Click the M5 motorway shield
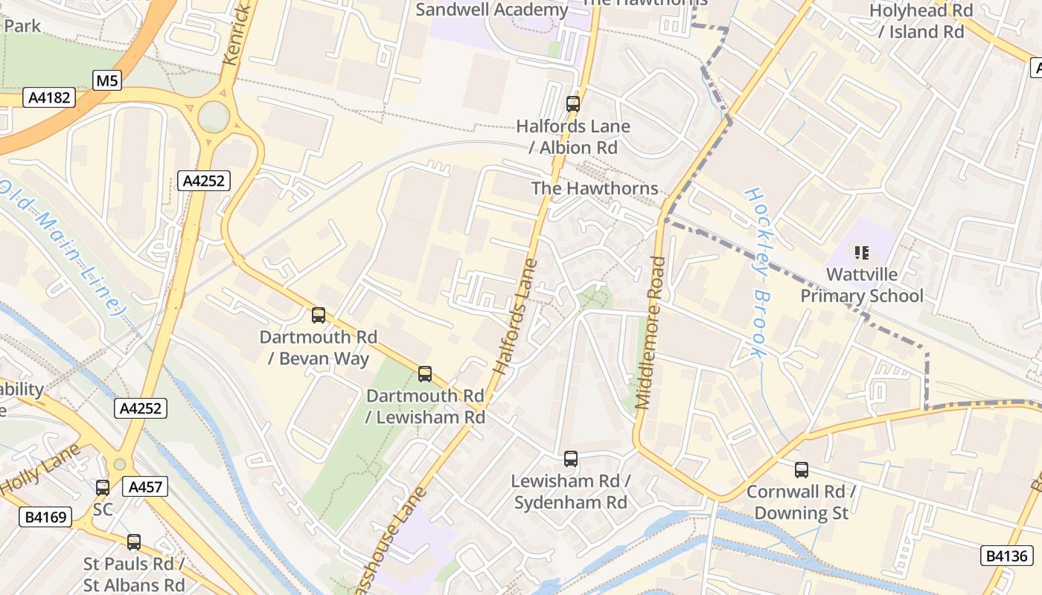pyautogui.click(x=107, y=80)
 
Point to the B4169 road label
pyautogui.click(x=45, y=517)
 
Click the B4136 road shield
pyautogui.click(x=1007, y=556)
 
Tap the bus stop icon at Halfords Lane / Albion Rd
pyautogui.click(x=572, y=104)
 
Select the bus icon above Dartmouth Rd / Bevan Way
pyautogui.click(x=319, y=315)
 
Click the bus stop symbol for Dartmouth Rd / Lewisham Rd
pyautogui.click(x=425, y=374)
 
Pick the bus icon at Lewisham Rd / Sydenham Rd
pyautogui.click(x=571, y=459)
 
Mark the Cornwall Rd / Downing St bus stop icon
pyautogui.click(x=802, y=470)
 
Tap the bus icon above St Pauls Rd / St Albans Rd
pyautogui.click(x=134, y=542)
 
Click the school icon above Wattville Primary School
pyautogui.click(x=862, y=253)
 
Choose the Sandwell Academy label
pyautogui.click(x=492, y=10)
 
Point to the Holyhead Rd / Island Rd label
pyautogui.click(x=921, y=21)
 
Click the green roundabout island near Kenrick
pyautogui.click(x=214, y=117)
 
